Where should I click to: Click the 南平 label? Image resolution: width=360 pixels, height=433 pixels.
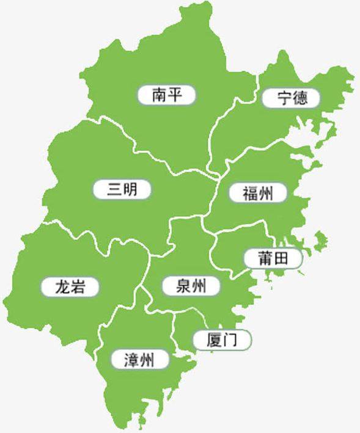[166, 95]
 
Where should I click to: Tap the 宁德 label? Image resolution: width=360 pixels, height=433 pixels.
[291, 98]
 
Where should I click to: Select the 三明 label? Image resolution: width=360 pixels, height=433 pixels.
[122, 189]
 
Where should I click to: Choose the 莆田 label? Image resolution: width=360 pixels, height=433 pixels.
[273, 258]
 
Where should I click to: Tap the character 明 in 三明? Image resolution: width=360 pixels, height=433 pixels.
[131, 189]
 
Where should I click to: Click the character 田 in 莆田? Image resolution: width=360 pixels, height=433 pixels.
[281, 258]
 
